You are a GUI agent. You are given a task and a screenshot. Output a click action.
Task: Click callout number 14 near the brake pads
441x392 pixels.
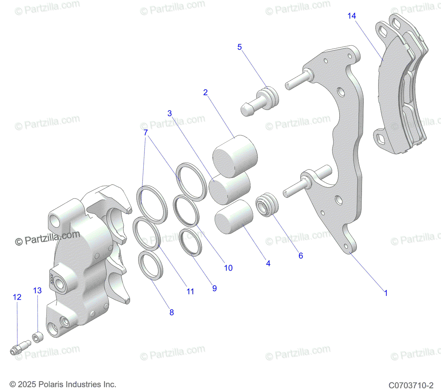352,16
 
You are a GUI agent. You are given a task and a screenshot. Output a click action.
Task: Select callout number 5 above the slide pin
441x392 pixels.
240,47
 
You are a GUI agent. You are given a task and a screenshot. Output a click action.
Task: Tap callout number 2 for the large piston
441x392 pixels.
205,93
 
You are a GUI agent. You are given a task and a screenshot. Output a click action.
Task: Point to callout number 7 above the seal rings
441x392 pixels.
146,132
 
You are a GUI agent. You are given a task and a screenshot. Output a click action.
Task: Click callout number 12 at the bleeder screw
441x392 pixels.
17,297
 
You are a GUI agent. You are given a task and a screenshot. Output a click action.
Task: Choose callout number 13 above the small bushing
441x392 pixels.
37,291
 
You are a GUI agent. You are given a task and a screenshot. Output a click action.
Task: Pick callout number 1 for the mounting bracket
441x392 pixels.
386,293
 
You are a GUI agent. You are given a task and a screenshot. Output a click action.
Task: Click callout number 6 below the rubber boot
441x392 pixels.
301,256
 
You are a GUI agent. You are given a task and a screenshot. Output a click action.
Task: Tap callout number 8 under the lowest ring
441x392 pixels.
172,313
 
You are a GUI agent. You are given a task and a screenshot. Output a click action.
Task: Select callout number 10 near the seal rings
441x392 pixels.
228,268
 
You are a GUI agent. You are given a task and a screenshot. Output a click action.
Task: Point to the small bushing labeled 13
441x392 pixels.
37,336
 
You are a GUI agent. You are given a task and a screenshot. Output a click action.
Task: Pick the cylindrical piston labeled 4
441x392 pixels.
234,217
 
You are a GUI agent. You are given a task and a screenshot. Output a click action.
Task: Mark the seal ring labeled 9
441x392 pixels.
191,241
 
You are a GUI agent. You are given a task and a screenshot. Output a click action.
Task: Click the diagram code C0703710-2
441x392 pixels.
411,385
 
